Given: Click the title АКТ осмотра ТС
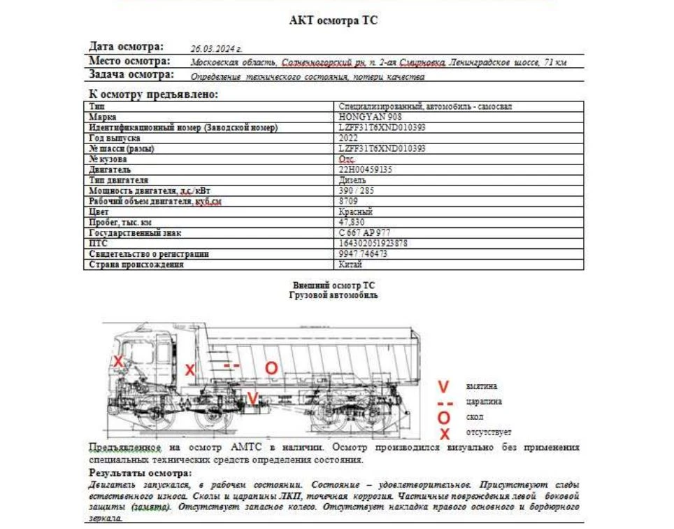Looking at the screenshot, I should [334, 21].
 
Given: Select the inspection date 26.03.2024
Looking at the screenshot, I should [216, 50].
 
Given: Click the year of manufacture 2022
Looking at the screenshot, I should [348, 138].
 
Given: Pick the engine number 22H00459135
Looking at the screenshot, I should [365, 169].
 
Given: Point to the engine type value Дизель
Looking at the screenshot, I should [352, 180].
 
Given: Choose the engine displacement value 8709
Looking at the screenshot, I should [348, 201].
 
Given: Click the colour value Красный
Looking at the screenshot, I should [355, 211].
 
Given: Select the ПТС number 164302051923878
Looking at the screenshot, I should [373, 243].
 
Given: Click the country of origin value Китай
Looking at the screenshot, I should [350, 264].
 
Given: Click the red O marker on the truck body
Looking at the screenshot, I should [271, 367].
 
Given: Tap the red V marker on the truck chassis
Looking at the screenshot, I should [252, 399].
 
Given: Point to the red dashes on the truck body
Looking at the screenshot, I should [231, 366].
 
